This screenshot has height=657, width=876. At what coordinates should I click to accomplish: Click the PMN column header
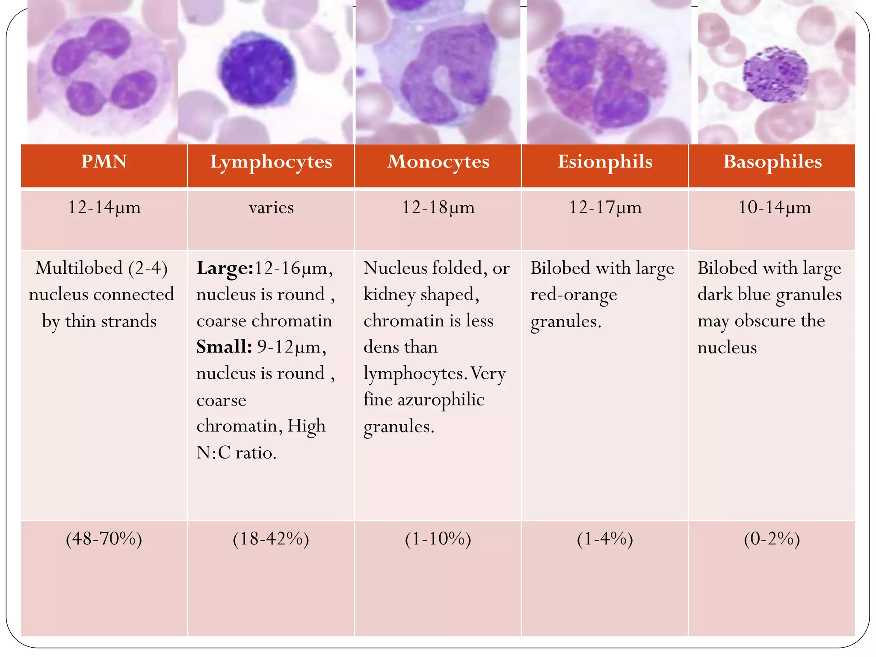pos(104,162)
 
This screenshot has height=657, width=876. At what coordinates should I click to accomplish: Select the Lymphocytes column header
pos(271,162)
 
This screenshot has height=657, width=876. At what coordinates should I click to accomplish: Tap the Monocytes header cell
pos(438,162)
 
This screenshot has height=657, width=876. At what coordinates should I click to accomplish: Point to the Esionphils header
pos(605,162)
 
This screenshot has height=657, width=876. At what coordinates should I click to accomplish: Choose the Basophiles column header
pos(772,162)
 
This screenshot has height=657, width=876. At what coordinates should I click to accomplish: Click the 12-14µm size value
pos(104,207)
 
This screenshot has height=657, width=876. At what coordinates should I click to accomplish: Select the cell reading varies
pos(271,208)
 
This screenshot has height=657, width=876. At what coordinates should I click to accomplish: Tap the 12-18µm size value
pos(438,207)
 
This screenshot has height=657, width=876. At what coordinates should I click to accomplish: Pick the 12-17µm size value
pos(605,207)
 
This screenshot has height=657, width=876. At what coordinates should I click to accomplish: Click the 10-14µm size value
pos(774,207)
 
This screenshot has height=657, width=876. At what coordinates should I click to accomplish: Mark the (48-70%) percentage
pos(104,539)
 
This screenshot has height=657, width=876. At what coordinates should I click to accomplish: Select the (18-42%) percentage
pos(271,539)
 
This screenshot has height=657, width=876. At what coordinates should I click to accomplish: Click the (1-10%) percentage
pos(438,539)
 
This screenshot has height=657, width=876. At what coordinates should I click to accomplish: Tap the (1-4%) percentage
pos(605,539)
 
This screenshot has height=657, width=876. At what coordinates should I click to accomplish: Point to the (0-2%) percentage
pos(772,539)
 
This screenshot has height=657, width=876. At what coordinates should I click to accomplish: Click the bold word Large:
pos(225,269)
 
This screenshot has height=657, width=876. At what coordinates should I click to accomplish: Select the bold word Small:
pos(224,347)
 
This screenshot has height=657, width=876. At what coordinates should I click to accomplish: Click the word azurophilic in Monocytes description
pos(441,400)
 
